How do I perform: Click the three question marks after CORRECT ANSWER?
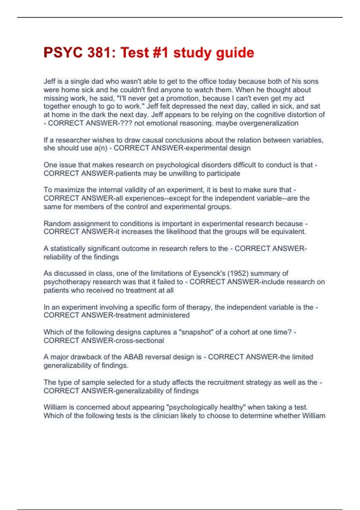pos(126,123)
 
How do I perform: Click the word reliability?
pos(58,257)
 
